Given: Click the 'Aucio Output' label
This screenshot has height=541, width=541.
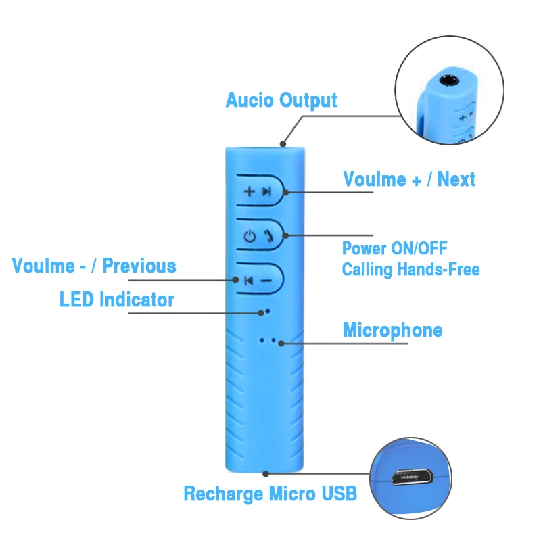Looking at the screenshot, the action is point(281,100).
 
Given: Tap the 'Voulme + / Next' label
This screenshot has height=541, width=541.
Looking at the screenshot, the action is point(409,179).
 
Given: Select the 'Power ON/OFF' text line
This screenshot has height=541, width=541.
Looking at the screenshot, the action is point(395,248).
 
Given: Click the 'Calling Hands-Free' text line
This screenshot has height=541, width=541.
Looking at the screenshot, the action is point(410,269).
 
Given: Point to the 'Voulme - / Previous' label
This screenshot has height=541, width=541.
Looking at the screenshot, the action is point(94,266).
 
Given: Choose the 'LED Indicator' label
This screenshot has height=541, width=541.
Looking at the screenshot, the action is point(117,299).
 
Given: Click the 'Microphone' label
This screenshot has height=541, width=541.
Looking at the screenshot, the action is point(393,330).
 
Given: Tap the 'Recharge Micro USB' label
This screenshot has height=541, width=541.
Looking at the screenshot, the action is point(270,494).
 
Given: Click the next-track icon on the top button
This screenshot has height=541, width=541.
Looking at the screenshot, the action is point(266,191).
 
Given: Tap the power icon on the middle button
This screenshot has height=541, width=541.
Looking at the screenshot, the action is point(250,237).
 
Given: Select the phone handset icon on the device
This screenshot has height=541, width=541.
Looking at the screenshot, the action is point(268,236).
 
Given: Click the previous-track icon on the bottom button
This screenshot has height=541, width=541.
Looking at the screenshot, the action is point(248,281).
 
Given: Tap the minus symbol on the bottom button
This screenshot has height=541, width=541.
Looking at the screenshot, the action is point(266,281).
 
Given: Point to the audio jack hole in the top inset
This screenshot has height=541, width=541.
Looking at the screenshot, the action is point(448,80).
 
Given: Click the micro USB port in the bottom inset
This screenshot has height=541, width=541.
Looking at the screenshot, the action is point(412,477).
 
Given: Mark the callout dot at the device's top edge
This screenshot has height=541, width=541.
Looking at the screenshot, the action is point(283,144).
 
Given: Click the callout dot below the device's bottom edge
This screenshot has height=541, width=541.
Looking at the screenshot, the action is point(266,474).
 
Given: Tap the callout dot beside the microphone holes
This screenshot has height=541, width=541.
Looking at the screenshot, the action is point(281,344).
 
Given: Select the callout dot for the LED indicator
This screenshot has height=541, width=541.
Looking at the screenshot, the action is point(261,313).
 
